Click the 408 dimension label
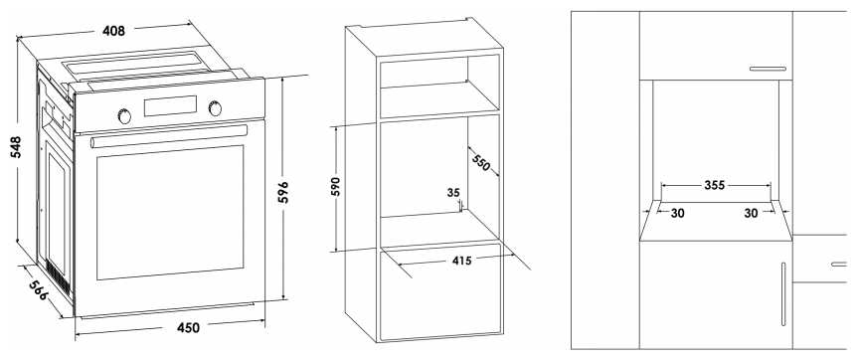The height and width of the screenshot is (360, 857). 113,31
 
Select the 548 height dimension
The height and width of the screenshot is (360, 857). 15,147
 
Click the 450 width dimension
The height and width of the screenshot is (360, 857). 188,328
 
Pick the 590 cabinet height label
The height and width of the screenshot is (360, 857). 336,187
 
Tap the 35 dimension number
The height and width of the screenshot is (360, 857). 453,192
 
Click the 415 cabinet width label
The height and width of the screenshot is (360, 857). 461,261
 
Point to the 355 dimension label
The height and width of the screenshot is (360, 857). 714,186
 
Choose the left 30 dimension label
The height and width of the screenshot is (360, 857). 677,214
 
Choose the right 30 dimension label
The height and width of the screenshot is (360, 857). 751,214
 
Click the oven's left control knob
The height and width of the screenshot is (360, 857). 124,115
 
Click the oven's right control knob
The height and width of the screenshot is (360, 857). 216,107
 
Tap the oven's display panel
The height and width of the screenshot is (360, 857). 170,105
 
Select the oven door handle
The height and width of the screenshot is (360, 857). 169,136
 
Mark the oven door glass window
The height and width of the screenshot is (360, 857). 170,212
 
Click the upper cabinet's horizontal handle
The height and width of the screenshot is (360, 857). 768,69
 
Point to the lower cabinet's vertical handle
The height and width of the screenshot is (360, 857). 783,294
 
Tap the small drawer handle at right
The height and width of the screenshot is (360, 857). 839,265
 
